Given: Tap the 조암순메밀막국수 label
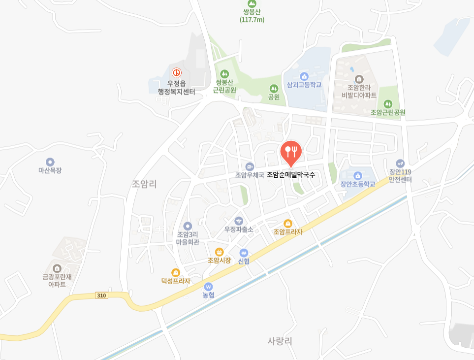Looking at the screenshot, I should (x=291, y=175).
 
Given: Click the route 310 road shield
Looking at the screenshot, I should (x=101, y=295).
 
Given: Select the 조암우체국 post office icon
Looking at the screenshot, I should (x=250, y=166).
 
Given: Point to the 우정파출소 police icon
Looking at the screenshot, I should (x=239, y=221).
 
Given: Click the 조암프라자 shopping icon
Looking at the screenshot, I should (x=288, y=223).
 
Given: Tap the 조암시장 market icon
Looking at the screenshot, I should (x=220, y=252).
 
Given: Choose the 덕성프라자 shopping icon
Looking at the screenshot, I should (x=175, y=272).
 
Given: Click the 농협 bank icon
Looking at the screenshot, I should (x=209, y=286).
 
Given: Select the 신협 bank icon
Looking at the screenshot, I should (x=244, y=253).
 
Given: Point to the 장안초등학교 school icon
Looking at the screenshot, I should (x=358, y=175).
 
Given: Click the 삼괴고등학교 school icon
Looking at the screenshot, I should (x=304, y=76).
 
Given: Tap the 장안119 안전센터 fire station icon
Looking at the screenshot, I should (x=400, y=163).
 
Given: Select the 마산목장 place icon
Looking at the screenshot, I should (x=50, y=162).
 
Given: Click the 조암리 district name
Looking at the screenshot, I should (x=144, y=184).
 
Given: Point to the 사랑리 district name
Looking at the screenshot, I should (x=280, y=341).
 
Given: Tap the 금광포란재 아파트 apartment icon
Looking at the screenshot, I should (x=57, y=268).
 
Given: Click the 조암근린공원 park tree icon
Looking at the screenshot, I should (x=388, y=104).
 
